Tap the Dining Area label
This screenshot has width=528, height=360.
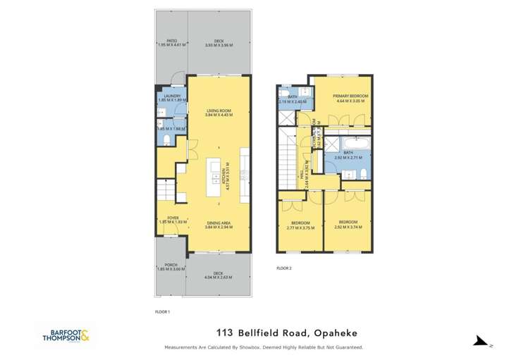pyautogui.click(x=219, y=223)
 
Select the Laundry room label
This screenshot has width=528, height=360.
pyautogui.click(x=172, y=96)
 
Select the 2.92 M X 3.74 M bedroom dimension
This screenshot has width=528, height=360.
pyautogui.click(x=348, y=227)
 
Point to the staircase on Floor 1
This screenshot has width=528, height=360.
pyautogui.click(x=166, y=190)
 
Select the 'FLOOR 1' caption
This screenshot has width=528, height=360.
pyautogui.click(x=162, y=311)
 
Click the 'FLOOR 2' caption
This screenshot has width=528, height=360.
pyautogui.click(x=283, y=268)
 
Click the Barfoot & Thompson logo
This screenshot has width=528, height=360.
pyautogui.click(x=66, y=335)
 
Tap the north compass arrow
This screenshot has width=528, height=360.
pyautogui.click(x=481, y=341)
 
